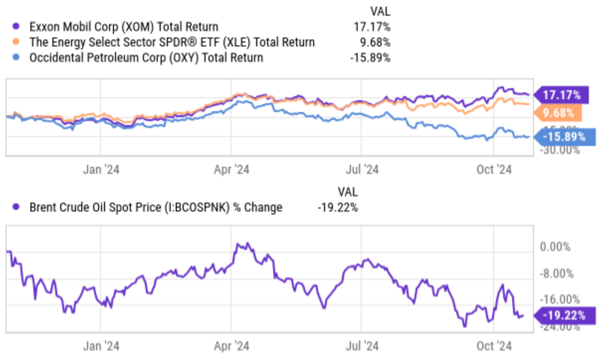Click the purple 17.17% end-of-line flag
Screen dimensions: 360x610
[x=562, y=95]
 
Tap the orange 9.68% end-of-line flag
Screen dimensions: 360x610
[x=558, y=113]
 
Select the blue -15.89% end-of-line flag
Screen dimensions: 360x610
[x=564, y=137]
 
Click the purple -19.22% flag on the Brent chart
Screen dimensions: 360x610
[x=564, y=315]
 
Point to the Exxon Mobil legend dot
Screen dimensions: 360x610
[x=16, y=26]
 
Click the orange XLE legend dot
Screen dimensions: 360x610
[x=16, y=42]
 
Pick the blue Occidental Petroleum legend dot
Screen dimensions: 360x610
[x=16, y=57]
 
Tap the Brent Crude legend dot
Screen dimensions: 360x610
[x=16, y=207]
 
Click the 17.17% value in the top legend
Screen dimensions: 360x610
[x=372, y=27]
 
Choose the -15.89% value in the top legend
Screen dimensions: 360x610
[x=370, y=58]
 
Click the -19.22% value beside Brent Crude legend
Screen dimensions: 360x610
[x=337, y=208]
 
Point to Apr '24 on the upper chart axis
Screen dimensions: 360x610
[x=231, y=170]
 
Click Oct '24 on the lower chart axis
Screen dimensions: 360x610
[x=494, y=346]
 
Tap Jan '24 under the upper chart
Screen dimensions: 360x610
[x=101, y=170]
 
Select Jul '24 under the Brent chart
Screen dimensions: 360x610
[x=362, y=346]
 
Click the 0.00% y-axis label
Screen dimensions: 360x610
[x=555, y=247]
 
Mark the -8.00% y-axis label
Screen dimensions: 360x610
[x=557, y=273]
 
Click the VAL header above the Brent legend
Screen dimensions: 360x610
[x=348, y=192]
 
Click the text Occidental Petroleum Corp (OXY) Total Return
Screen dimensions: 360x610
[x=146, y=58]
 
